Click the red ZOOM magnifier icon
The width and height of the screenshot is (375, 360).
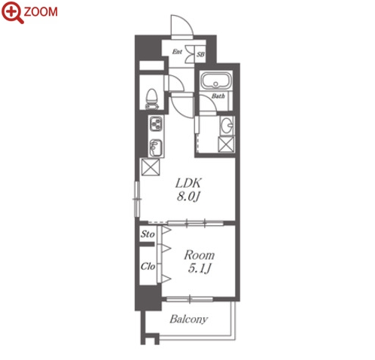click(x=13, y=13)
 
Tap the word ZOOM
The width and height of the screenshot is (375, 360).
click(x=41, y=12)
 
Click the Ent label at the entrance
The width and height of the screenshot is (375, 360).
click(x=177, y=52)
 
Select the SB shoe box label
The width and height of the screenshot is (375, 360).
click(x=200, y=54)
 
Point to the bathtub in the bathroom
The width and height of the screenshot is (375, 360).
click(x=216, y=81)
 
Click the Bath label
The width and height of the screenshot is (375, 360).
click(x=218, y=96)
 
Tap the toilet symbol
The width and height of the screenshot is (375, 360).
click(x=152, y=99)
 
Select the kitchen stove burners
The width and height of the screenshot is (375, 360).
click(x=156, y=124)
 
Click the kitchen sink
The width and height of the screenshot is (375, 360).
click(x=156, y=148)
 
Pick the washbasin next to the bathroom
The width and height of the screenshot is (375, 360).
click(x=227, y=125)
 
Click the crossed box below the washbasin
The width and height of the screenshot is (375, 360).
click(x=226, y=144)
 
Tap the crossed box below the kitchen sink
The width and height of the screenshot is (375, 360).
click(x=151, y=167)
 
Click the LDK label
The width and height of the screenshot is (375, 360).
click(x=188, y=183)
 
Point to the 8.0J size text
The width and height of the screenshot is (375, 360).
click(x=188, y=197)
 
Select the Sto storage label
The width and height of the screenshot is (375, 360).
click(x=148, y=234)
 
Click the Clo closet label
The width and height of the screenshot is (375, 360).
click(x=148, y=266)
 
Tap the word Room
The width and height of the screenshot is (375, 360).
click(x=200, y=255)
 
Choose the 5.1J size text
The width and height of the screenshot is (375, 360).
click(x=200, y=269)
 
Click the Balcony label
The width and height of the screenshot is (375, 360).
click(x=189, y=319)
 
